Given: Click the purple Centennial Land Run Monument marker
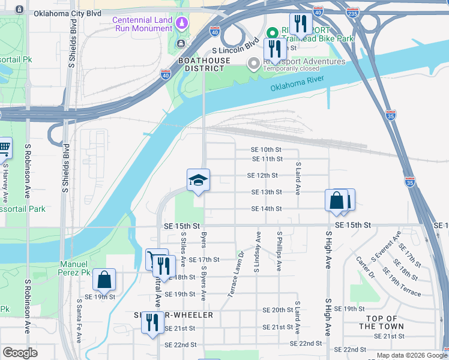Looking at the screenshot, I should [182, 23].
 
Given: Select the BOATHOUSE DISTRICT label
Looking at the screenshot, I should [204, 64].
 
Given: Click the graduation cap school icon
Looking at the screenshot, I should [198, 180].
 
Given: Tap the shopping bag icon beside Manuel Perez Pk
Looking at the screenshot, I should [104, 280].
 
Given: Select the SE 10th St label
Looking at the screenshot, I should [266, 149].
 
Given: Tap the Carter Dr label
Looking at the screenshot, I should [364, 267].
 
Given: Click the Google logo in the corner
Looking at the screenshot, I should [20, 353].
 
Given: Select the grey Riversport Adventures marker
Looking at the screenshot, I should [253, 62].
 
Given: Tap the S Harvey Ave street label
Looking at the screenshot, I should [5, 180].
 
